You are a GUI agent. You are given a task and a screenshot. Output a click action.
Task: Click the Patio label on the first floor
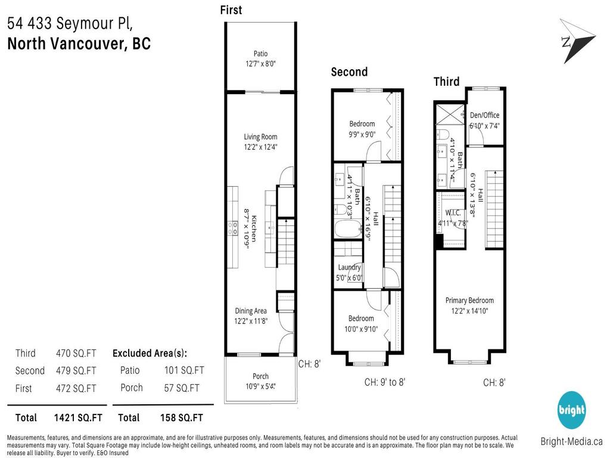(x=260, y=54)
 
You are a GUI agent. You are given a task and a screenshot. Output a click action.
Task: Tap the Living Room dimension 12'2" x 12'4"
(x=260, y=146)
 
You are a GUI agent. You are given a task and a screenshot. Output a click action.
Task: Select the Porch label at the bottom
(x=260, y=376)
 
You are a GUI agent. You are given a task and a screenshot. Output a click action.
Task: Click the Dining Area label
(x=250, y=311)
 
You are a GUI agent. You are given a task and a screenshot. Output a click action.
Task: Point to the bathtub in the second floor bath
(x=347, y=230)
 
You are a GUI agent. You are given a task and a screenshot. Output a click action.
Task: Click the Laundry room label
(x=349, y=268)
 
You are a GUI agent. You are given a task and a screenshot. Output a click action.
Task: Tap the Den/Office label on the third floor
(x=484, y=115)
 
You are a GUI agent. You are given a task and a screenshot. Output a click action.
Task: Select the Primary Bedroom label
(x=469, y=301)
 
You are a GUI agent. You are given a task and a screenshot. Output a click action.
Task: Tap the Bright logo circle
(x=571, y=410)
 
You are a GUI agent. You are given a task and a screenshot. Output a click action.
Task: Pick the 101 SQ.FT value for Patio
(x=184, y=370)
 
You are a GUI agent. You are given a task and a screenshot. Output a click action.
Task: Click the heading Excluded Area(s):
(x=154, y=353)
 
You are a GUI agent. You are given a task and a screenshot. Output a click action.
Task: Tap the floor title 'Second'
(x=349, y=72)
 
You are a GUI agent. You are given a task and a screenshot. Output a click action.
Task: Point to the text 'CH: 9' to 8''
(x=384, y=382)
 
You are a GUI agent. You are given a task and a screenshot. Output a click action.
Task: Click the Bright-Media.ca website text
(x=571, y=442)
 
